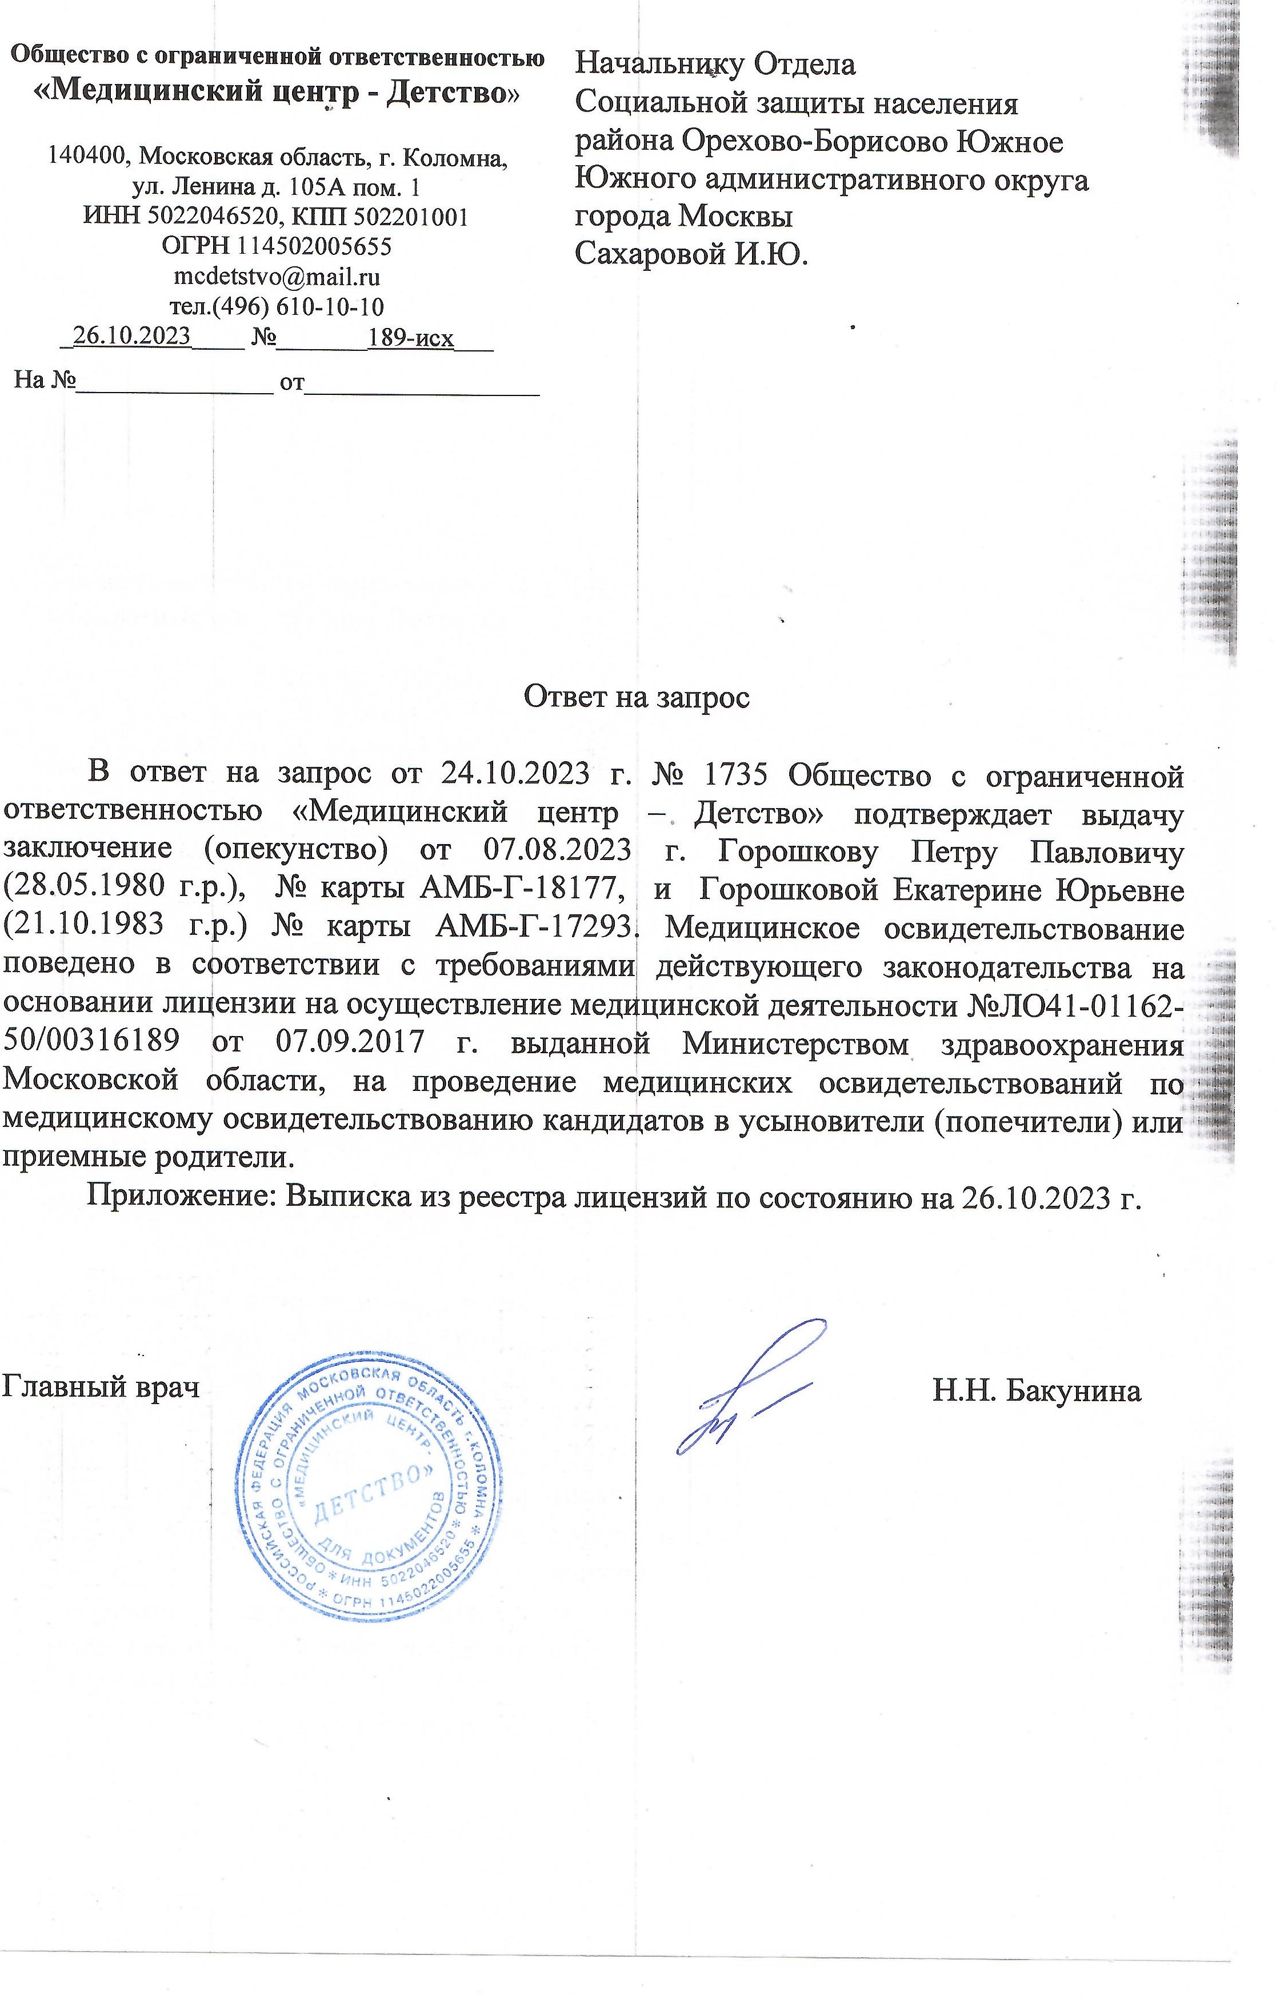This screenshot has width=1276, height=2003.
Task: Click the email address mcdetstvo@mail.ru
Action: point(276,276)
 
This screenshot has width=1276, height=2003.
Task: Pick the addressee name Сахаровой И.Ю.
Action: point(691,253)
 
